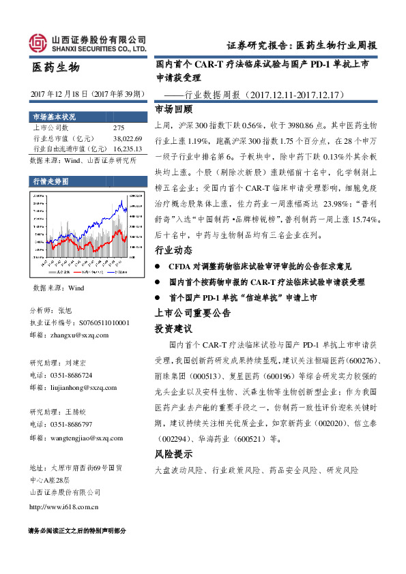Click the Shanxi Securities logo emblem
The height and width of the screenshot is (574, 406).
38,43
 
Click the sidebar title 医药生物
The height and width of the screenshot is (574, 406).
56,68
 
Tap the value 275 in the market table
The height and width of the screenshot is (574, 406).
118,127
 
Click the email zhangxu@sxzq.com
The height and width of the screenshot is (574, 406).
70,335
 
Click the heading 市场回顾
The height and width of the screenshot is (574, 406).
173,109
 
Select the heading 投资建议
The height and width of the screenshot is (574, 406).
173,329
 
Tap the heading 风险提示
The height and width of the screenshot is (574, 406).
173,454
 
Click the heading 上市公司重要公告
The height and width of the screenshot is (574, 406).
192,314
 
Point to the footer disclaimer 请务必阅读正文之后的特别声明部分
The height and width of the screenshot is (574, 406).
77,531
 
